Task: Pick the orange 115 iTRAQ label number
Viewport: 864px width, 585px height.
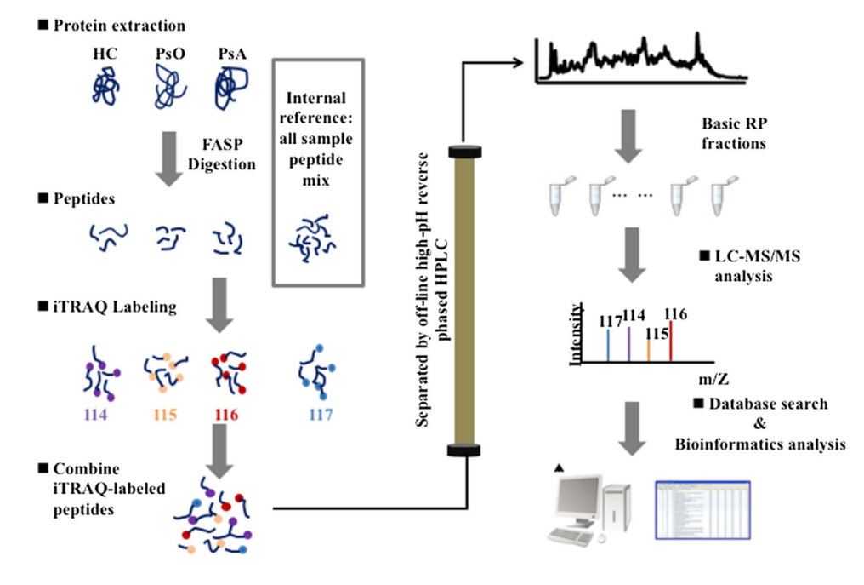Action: click(166, 415)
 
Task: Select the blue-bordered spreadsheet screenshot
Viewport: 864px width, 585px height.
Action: click(702, 510)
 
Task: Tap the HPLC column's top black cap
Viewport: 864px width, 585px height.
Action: click(464, 152)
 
